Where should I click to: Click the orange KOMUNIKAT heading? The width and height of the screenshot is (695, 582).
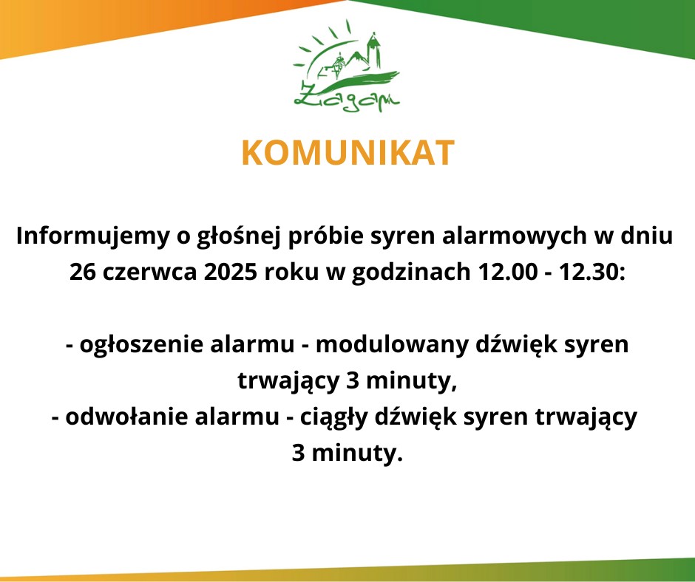348,153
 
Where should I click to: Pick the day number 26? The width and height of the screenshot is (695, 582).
83,272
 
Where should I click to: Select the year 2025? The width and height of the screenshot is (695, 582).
231,272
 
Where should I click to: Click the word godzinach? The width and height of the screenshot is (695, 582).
411,273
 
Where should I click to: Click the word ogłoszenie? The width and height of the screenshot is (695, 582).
141,346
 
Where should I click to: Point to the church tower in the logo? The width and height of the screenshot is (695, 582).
374,50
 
